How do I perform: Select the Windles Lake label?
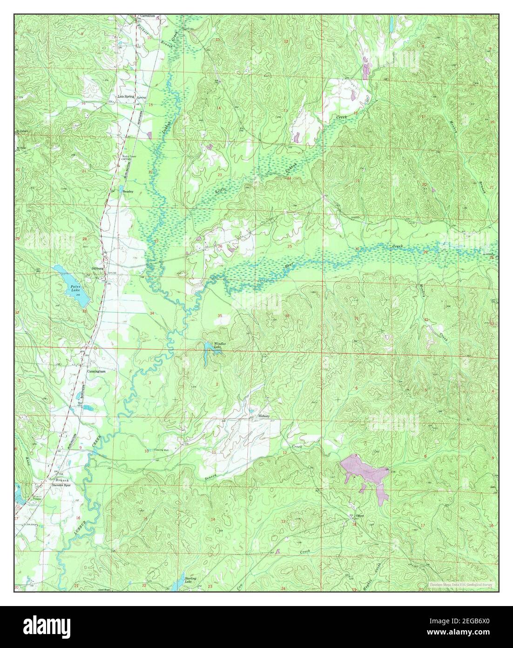coord(220,345)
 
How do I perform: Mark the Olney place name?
coord(359,516)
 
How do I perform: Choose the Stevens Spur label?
coord(61,484)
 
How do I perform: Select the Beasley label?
coord(128,191)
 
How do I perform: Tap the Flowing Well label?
coord(161,450)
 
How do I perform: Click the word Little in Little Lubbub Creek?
coord(221,191)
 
